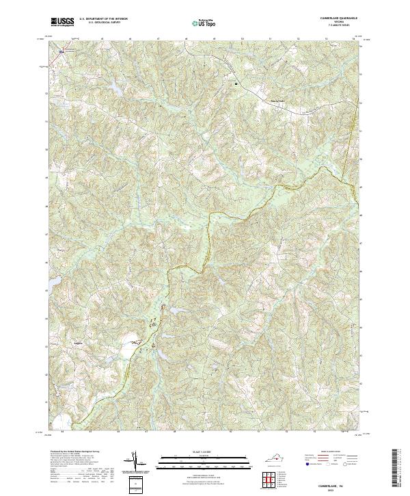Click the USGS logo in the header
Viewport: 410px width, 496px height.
(x=63, y=22)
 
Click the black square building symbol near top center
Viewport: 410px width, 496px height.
(x=236, y=83)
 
